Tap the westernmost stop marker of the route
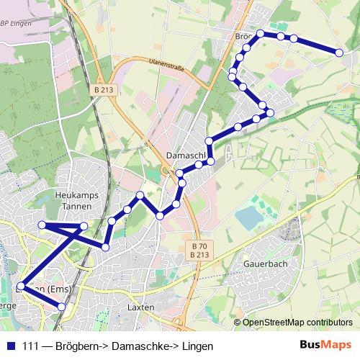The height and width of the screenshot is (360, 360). coord(20,287)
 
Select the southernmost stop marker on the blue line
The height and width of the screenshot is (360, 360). coord(61,307)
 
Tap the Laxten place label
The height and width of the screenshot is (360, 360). coord(140,307)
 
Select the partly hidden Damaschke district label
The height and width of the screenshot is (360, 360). coord(186,156)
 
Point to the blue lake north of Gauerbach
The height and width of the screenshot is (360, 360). coord(248,217)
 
